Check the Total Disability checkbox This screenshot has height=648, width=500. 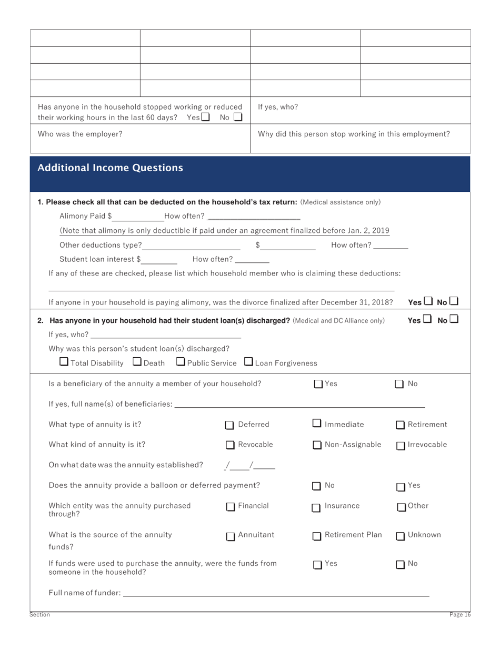64,361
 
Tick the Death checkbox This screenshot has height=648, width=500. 137,361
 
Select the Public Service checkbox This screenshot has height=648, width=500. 181,361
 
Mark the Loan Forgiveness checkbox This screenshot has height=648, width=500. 249,361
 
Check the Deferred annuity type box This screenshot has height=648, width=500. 230,425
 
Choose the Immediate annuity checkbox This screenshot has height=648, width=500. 317,423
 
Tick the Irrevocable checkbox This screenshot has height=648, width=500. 401,446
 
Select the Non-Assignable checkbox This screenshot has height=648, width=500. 317,445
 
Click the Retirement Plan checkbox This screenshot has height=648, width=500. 317,536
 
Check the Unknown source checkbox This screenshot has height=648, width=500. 401,536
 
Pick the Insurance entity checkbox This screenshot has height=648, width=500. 316,508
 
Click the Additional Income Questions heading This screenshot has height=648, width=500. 111,168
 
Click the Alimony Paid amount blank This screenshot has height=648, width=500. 138,216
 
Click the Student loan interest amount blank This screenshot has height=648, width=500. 159,259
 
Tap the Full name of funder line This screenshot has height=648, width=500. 276,593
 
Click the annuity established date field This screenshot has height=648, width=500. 249,465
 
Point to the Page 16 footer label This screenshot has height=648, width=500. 459,615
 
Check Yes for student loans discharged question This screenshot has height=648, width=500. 427,319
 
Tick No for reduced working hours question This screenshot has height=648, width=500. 238,117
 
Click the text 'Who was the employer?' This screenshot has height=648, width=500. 80,134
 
